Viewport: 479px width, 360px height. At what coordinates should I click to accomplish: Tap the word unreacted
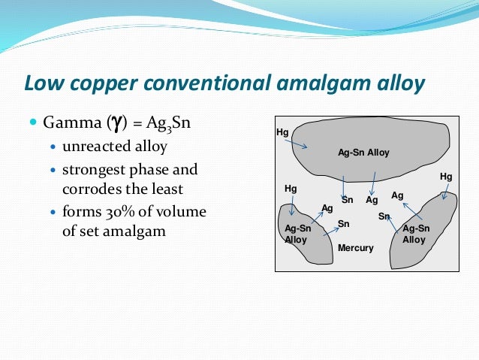(92, 146)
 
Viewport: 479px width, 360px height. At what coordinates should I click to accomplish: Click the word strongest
(94, 169)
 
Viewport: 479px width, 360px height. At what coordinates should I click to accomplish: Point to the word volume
(184, 212)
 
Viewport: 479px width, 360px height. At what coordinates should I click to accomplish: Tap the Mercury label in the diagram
(355, 248)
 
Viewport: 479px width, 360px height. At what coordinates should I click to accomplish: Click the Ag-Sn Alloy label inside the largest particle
(363, 153)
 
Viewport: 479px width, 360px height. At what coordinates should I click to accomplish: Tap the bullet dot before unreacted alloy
(52, 146)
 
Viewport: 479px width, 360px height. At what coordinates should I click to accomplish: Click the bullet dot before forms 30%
(52, 212)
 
